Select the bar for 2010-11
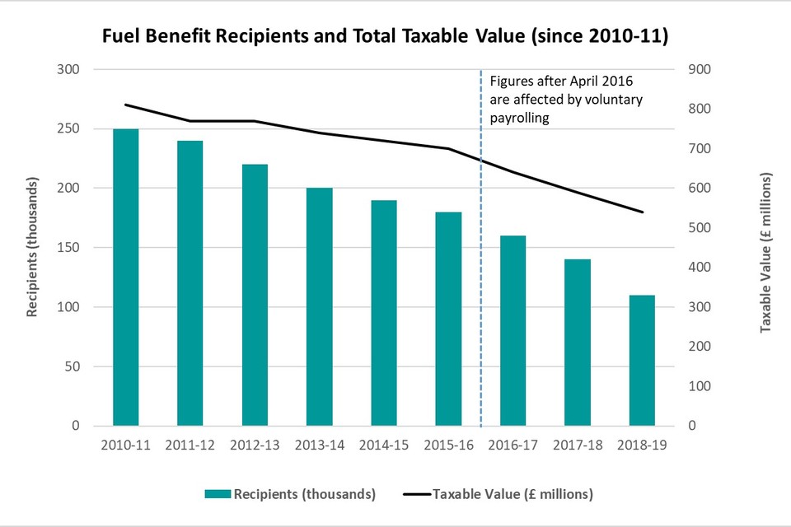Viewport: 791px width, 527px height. (x=126, y=277)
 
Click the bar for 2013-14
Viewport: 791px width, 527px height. (x=319, y=307)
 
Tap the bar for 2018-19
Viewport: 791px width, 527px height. (x=641, y=361)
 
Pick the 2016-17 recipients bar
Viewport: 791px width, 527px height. (x=513, y=331)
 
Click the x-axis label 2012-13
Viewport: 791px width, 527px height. (x=255, y=445)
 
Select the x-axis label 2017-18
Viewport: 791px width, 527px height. (x=577, y=445)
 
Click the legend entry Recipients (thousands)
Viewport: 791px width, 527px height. (x=305, y=494)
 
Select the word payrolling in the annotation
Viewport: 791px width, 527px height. (x=519, y=118)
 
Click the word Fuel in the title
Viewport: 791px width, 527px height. (x=119, y=37)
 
